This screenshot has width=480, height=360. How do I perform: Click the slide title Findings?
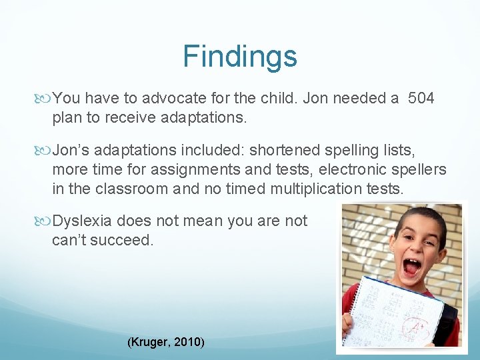coord(240,57)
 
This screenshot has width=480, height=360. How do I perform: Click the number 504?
coord(421,99)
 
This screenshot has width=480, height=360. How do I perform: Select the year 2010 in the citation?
coord(188,342)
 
